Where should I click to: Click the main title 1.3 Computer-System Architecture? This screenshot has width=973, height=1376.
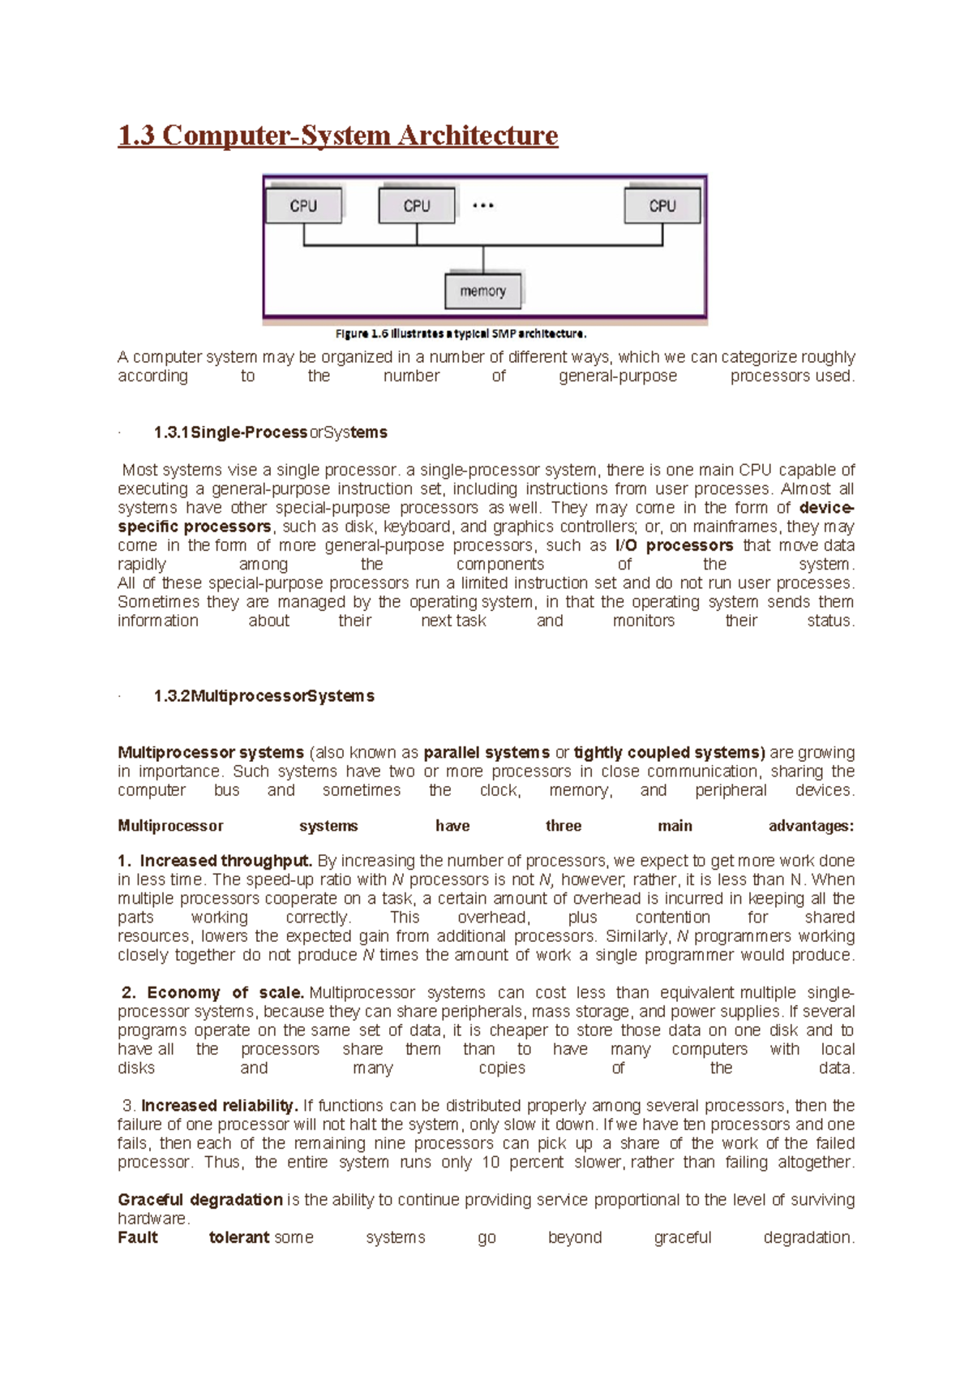pos(337,135)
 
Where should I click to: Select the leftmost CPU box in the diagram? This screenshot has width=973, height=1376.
pos(303,206)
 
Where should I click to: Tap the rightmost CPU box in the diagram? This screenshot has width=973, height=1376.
pos(662,206)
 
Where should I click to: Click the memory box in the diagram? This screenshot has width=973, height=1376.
pos(483,291)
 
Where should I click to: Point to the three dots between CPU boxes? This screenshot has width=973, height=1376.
pos(483,206)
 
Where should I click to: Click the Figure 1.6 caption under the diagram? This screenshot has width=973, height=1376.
pos(461,333)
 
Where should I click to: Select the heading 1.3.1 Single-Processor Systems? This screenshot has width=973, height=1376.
pos(270,432)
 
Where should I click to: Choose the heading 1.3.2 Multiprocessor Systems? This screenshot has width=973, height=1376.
pos(264,696)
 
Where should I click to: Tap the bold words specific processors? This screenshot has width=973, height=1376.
pos(194,527)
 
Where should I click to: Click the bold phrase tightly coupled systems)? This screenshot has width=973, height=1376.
pos(669,753)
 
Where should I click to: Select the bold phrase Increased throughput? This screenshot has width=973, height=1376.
pos(225,861)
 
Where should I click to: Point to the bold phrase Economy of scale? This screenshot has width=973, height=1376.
pos(225,993)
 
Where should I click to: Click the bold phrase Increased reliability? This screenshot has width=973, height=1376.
pos(219,1106)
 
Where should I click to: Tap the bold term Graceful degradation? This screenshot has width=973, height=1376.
pos(199,1200)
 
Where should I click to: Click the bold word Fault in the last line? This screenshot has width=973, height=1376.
pos(138,1238)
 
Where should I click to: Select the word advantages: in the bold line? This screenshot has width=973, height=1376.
pos(811,826)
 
